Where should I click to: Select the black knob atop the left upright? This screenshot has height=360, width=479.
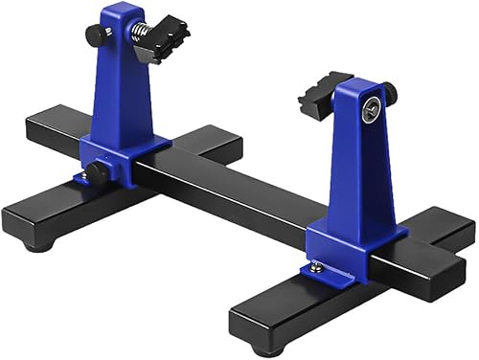point(97,34)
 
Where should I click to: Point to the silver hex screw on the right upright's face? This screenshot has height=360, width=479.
point(368,111)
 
